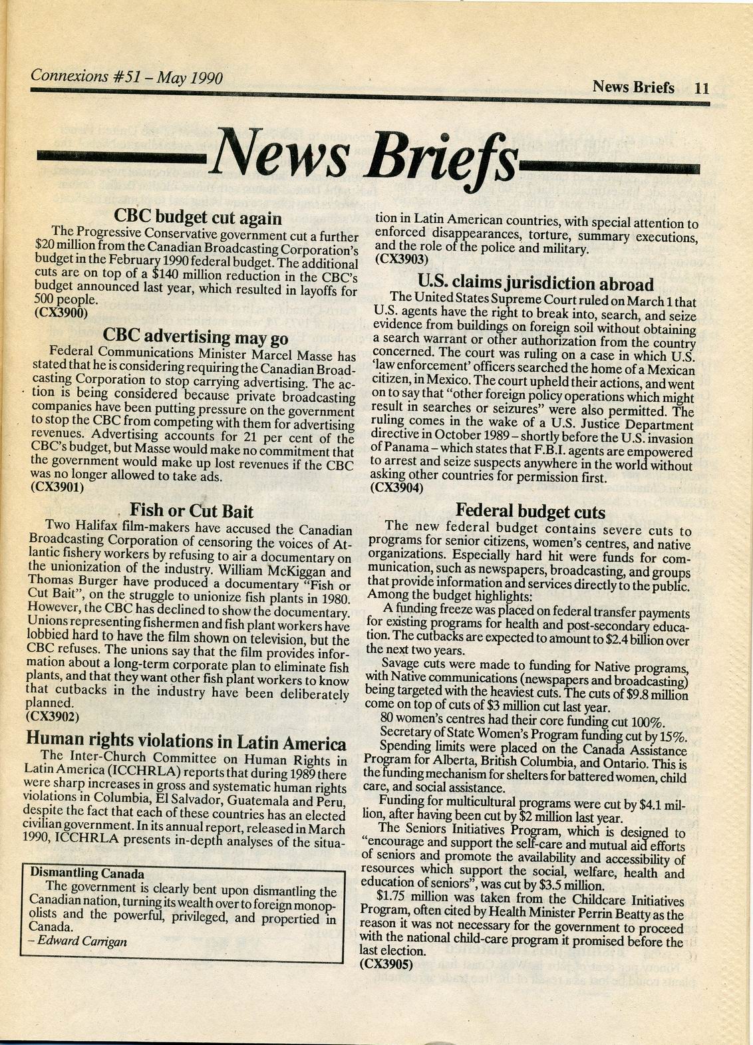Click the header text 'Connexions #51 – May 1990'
tap(126, 78)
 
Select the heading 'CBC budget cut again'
tap(198, 218)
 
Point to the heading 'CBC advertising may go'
tap(196, 336)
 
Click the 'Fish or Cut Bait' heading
tap(192, 511)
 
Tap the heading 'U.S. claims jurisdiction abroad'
tap(535, 284)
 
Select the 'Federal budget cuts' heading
tap(530, 512)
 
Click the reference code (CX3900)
tap(60, 312)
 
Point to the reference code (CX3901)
tap(59, 487)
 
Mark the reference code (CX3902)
tap(53, 716)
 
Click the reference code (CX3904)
tap(396, 488)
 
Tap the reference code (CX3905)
tap(386, 963)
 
